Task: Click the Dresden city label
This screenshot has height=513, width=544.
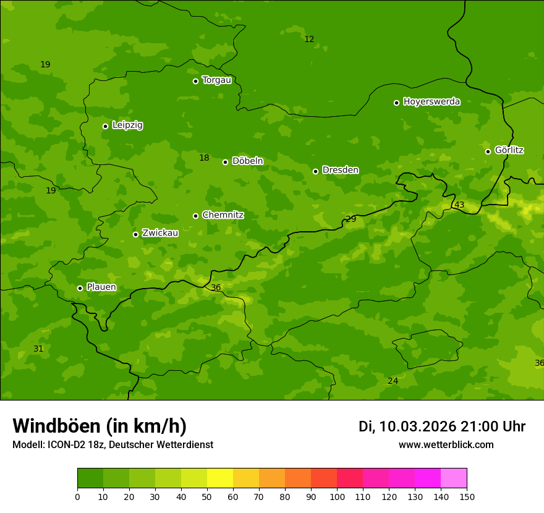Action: [x=340, y=170]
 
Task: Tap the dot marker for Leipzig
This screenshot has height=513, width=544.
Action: [x=105, y=126]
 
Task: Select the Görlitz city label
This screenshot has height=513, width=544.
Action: [x=509, y=150]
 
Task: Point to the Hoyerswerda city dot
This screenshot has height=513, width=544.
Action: [x=396, y=103]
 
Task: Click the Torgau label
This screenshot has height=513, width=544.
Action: [x=216, y=80]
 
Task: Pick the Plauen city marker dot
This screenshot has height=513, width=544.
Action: [x=80, y=288]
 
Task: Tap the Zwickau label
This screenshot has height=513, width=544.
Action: [x=160, y=233]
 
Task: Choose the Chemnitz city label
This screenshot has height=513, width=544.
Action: [x=223, y=215]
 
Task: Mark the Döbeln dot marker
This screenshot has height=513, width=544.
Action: [x=225, y=162]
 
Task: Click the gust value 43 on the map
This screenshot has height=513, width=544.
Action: [x=459, y=205]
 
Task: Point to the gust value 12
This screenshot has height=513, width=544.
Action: [x=309, y=39]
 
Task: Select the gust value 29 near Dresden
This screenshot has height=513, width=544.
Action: [x=351, y=219]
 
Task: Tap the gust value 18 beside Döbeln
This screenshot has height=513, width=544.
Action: [x=204, y=158]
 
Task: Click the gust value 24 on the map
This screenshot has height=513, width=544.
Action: [x=393, y=381]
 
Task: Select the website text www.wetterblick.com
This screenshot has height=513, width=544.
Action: [x=446, y=444]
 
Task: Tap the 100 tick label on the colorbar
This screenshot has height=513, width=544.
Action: [x=337, y=496]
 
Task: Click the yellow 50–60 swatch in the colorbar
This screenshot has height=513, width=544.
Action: [x=220, y=478]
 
